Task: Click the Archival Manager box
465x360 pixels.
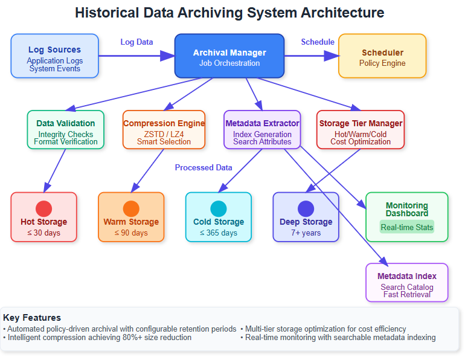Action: tap(229, 56)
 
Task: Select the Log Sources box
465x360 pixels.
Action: tap(54, 56)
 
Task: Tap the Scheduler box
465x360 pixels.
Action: tap(382, 56)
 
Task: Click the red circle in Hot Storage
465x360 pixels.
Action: tap(43, 208)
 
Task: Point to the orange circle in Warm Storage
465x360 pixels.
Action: tap(131, 208)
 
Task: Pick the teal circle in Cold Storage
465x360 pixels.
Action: tap(219, 208)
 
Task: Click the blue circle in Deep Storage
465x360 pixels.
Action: tap(306, 208)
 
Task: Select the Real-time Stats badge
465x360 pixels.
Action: tap(407, 227)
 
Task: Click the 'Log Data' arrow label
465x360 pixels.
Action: tap(136, 42)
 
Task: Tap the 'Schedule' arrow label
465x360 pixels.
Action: tap(318, 42)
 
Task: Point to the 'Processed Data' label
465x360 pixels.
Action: tap(204, 167)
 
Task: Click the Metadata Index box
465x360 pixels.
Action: tap(407, 282)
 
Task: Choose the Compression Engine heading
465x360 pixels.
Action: tap(164, 123)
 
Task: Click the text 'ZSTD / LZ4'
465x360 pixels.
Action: tap(164, 134)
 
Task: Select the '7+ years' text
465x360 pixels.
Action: tap(306, 233)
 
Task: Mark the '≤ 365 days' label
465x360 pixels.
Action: tap(219, 233)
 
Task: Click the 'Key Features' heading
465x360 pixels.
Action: tap(32, 317)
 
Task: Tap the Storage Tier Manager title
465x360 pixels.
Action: tap(361, 123)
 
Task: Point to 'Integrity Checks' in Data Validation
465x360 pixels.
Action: tap(66, 134)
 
